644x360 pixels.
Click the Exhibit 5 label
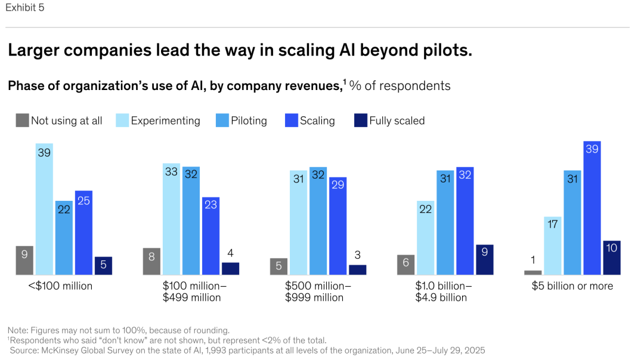coord(24,8)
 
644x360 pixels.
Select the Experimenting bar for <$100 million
coord(44,209)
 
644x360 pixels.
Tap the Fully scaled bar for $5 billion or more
coord(612,257)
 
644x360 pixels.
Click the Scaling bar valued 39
coord(592,208)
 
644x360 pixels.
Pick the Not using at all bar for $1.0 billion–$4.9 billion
coord(405,265)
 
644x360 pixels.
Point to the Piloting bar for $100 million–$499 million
coord(191,221)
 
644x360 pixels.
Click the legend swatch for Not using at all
coord(22,120)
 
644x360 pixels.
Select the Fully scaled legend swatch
coord(360,120)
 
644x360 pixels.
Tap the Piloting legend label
coord(249,120)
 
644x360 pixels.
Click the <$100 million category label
coord(60,286)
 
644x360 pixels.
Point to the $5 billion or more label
coord(572,286)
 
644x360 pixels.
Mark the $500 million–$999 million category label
coord(317,291)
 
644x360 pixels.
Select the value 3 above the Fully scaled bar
coord(357,255)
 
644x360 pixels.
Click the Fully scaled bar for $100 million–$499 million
coord(230,269)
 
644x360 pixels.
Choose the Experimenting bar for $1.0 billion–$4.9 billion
coord(425,238)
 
